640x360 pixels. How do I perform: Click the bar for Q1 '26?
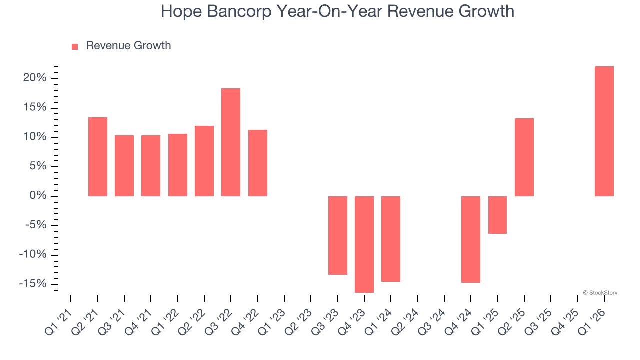[604, 131]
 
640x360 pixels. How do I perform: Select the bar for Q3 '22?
[231, 142]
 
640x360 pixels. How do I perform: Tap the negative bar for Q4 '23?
[364, 244]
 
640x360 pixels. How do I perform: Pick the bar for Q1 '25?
[497, 215]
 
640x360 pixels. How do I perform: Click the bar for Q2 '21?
[98, 157]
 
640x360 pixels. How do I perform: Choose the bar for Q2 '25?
[524, 157]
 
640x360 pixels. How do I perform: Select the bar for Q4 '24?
[471, 239]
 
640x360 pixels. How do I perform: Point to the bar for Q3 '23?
[338, 235]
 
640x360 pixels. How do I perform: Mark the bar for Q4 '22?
[258, 163]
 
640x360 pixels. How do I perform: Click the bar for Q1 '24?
[391, 239]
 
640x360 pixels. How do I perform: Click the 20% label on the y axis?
[35, 78]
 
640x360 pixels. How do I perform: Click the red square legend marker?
[75, 47]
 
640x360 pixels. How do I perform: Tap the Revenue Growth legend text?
[128, 46]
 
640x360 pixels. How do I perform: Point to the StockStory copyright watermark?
[600, 293]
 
